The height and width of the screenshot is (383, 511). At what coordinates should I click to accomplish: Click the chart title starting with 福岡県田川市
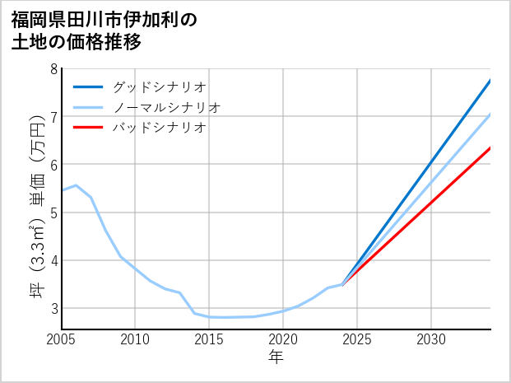(x=105, y=30)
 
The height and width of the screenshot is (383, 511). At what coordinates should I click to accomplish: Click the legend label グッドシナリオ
(x=159, y=86)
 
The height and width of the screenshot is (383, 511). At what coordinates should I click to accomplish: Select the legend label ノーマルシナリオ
(x=166, y=107)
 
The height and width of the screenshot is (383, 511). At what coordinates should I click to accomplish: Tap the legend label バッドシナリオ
(x=159, y=128)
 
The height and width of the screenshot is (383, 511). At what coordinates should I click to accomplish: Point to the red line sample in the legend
(x=88, y=128)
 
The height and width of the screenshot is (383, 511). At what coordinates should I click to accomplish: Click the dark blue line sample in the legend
(x=88, y=86)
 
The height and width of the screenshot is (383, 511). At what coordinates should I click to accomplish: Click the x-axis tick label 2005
(x=61, y=339)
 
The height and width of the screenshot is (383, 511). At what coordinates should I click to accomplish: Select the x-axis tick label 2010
(x=135, y=339)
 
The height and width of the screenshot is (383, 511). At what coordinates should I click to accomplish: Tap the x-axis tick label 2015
(x=209, y=339)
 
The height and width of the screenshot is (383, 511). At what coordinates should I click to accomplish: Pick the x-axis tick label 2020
(x=283, y=339)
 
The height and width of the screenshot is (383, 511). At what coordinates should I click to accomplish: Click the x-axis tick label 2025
(x=357, y=339)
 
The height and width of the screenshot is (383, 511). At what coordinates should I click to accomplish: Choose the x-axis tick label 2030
(x=431, y=339)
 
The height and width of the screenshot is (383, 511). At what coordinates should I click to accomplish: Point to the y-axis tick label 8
(x=53, y=69)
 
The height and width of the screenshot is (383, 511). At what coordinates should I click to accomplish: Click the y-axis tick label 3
(x=53, y=308)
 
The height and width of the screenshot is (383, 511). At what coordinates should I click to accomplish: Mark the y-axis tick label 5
(x=53, y=213)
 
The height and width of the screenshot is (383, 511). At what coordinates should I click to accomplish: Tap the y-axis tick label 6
(x=53, y=165)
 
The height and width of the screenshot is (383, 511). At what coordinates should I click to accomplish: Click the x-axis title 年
(x=276, y=357)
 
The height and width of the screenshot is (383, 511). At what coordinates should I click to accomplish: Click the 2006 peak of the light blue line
(x=76, y=185)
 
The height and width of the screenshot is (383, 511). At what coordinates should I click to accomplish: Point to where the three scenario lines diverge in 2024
(x=342, y=284)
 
